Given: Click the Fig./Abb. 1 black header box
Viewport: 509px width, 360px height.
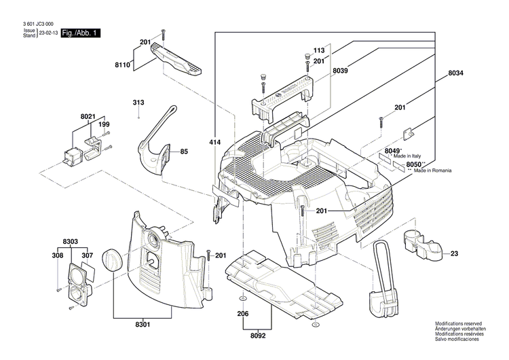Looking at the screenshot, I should pyautogui.click(x=79, y=33).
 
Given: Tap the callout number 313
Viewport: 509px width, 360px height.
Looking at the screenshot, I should pyautogui.click(x=138, y=103).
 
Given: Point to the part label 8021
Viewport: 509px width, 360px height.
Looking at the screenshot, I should pyautogui.click(x=88, y=117).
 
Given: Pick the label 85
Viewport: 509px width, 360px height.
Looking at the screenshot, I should pyautogui.click(x=183, y=151).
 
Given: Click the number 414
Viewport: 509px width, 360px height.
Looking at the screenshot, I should pyautogui.click(x=214, y=143).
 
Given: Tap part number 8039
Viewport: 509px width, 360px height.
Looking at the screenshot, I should pyautogui.click(x=341, y=71).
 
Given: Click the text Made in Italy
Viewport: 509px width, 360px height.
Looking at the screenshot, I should pyautogui.click(x=409, y=156).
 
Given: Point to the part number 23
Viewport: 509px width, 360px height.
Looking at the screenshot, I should pyautogui.click(x=454, y=253).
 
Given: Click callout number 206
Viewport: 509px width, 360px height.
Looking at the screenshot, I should pyautogui.click(x=243, y=315).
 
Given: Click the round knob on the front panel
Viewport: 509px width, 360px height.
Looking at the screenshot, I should pyautogui.click(x=111, y=259).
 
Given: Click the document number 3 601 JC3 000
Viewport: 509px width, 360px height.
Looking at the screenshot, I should pyautogui.click(x=33, y=24).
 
